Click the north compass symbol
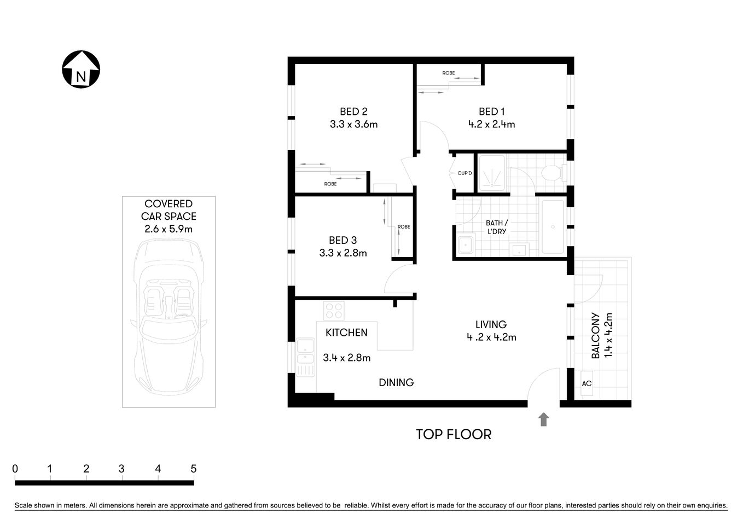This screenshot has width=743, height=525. [80, 69]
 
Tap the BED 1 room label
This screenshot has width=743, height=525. [491, 112]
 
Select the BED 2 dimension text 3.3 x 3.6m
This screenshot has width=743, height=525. [353, 124]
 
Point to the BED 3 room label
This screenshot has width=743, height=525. [343, 240]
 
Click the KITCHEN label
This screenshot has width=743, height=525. [346, 332]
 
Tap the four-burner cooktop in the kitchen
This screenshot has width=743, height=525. [334, 311]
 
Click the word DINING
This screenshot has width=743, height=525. [396, 382]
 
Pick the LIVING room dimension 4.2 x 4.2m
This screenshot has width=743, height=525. [491, 337]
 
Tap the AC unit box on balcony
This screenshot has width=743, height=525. [587, 383]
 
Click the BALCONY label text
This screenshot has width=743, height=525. [595, 335]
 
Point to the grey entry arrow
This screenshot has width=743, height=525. [543, 419]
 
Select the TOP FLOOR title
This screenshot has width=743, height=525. [454, 434]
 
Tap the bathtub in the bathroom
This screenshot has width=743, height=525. [552, 226]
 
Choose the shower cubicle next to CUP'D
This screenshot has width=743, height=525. [492, 173]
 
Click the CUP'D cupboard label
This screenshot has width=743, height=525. [465, 173]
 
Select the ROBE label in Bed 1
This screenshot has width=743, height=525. [449, 73]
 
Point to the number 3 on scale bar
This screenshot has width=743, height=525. [121, 469]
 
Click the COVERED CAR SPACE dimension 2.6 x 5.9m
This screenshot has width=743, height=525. [169, 229]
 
